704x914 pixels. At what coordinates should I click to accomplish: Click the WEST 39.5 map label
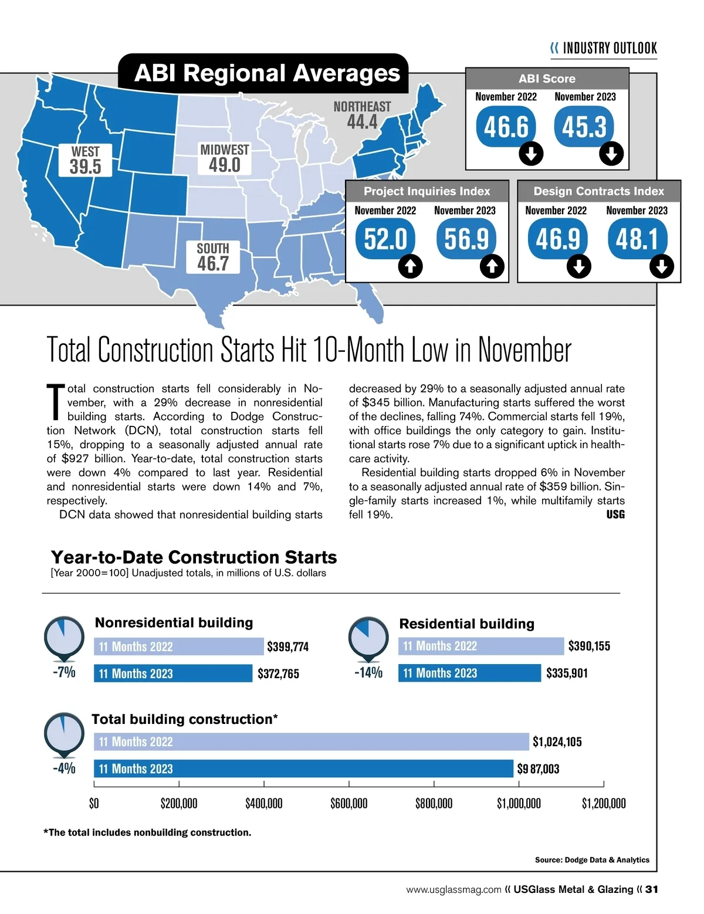point(86,160)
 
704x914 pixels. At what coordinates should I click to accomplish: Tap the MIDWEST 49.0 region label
point(225,158)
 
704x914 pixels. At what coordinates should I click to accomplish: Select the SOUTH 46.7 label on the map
point(213,257)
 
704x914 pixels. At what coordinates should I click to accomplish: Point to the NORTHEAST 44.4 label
point(362,115)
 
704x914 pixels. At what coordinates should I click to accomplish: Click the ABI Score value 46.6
point(506,127)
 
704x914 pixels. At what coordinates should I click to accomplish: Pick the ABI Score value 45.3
point(584,127)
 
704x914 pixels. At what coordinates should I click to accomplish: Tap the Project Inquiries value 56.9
point(466,239)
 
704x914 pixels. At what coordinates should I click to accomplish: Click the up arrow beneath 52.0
point(410,267)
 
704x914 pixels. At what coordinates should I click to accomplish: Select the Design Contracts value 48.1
point(637,239)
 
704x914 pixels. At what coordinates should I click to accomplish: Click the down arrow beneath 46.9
point(578,267)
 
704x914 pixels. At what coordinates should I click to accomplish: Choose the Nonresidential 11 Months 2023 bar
point(173,673)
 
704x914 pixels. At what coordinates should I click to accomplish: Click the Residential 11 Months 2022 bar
point(481,646)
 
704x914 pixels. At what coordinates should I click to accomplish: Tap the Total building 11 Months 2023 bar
point(303,769)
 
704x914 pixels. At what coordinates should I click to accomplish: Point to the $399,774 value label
point(287,647)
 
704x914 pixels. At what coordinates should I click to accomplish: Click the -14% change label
point(368,672)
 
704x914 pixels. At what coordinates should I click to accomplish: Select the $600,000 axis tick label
point(349,803)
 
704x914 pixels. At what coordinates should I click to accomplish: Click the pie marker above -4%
point(64,733)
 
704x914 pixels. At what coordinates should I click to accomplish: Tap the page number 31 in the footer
point(652,889)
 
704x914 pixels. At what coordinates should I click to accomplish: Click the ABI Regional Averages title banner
point(263,74)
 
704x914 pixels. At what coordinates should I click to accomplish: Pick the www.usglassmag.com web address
point(453,890)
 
